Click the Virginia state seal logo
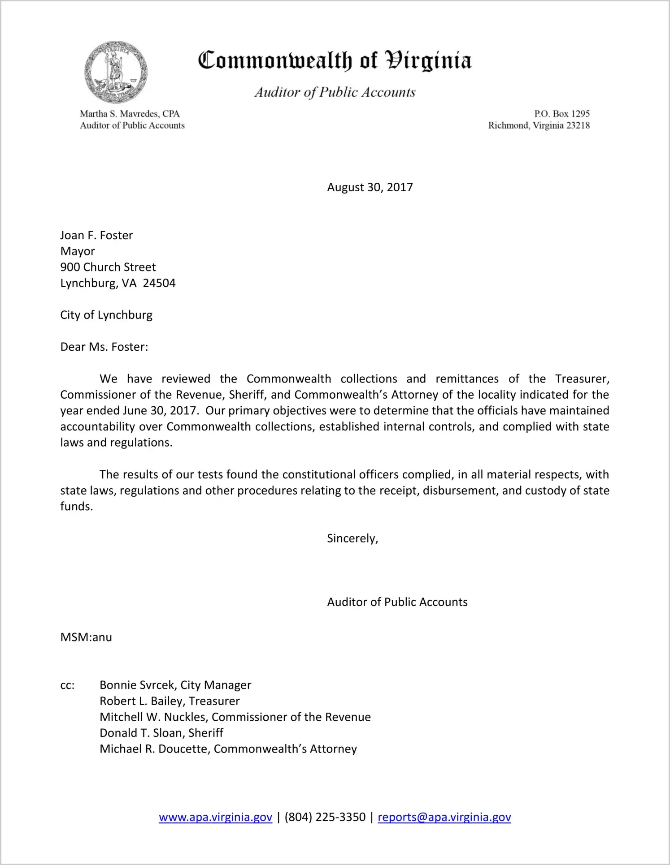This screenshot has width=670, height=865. pyautogui.click(x=116, y=72)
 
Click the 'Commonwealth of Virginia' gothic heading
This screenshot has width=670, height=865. pyautogui.click(x=335, y=60)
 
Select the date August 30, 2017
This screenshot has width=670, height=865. pyautogui.click(x=370, y=187)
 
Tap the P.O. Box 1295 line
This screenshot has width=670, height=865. pyautogui.click(x=561, y=114)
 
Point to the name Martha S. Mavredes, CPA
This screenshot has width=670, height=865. pyautogui.click(x=130, y=114)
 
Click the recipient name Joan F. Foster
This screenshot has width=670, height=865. pyautogui.click(x=96, y=236)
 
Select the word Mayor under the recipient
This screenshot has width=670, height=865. pyautogui.click(x=78, y=251)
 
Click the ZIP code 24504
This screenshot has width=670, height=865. pyautogui.click(x=159, y=283)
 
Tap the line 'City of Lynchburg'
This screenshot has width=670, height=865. pyautogui.click(x=106, y=315)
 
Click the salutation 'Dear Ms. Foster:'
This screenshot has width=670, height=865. pyautogui.click(x=104, y=347)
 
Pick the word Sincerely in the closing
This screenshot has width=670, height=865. pyautogui.click(x=352, y=538)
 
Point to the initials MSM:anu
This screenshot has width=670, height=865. pyautogui.click(x=86, y=637)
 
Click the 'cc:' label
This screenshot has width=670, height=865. pyautogui.click(x=67, y=685)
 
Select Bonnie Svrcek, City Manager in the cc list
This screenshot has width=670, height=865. pyautogui.click(x=175, y=685)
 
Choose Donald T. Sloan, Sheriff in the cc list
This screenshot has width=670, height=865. pyautogui.click(x=161, y=733)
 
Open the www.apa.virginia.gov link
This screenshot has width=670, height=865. pyautogui.click(x=215, y=817)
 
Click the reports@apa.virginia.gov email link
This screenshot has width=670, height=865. pyautogui.click(x=444, y=817)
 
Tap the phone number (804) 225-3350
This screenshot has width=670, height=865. pyautogui.click(x=325, y=817)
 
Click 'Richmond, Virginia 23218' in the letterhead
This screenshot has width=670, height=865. pyautogui.click(x=539, y=125)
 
